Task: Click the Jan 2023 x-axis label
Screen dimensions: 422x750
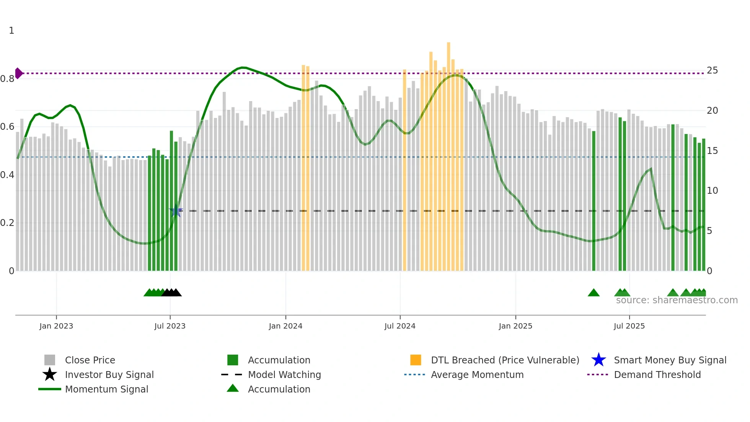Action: click(x=56, y=326)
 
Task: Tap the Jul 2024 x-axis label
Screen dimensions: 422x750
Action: click(x=400, y=326)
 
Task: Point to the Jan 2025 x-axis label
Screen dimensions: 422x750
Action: click(x=515, y=326)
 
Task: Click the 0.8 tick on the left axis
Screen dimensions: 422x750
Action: click(x=7, y=79)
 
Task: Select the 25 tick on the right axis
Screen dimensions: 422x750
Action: click(x=712, y=70)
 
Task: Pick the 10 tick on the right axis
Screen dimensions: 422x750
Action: click(x=712, y=191)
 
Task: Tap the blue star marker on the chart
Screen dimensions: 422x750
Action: click(x=176, y=211)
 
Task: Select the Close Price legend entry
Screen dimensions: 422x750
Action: click(x=90, y=360)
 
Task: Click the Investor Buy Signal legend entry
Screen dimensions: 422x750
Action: click(x=109, y=375)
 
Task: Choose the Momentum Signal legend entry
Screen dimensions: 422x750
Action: click(x=106, y=389)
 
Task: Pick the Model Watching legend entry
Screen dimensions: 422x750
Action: click(x=284, y=375)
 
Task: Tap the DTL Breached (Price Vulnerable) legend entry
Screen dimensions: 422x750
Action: click(x=505, y=360)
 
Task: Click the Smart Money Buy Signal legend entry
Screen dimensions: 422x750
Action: click(x=670, y=360)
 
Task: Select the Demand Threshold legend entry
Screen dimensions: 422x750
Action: click(x=657, y=375)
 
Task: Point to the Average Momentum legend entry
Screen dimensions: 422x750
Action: click(x=477, y=375)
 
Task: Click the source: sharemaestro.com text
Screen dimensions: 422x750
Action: click(x=677, y=300)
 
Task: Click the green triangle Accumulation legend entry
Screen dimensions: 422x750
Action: click(x=279, y=389)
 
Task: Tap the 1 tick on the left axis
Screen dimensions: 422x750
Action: click(x=11, y=31)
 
